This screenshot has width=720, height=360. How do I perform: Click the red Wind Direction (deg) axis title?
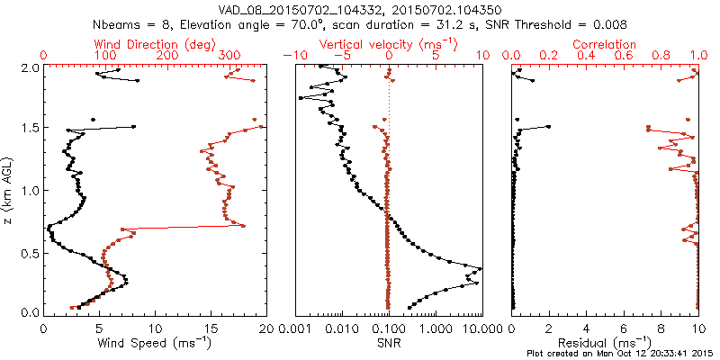pyautogui.click(x=156, y=43)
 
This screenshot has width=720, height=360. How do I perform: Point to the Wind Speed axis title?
pyautogui.click(x=156, y=342)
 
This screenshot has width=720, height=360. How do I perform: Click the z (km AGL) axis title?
pyautogui.click(x=9, y=190)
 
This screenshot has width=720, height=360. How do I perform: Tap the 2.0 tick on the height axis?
pyautogui.click(x=31, y=67)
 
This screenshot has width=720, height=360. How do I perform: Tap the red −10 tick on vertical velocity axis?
pyautogui.click(x=292, y=56)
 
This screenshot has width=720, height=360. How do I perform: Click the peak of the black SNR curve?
pyautogui.click(x=481, y=269)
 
